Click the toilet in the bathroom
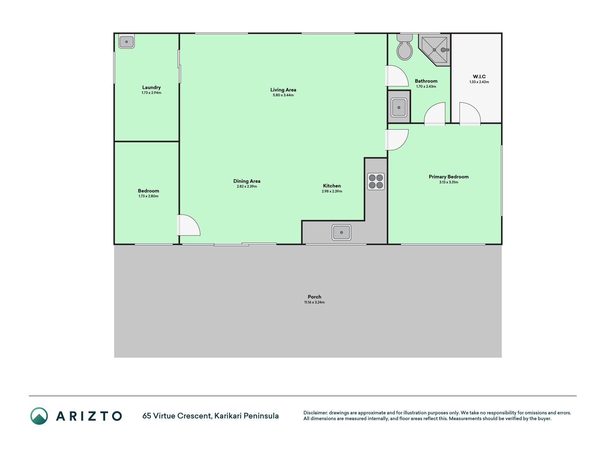tap(405, 47)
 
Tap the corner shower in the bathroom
tap(434, 50)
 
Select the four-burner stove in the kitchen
tap(376, 181)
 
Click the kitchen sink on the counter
tap(341, 232)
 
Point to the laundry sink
tap(126, 42)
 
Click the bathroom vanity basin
tap(399, 107)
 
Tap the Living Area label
tap(283, 90)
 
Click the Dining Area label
tap(247, 181)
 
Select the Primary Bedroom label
tap(448, 177)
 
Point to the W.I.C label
tap(479, 76)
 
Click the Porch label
tap(314, 297)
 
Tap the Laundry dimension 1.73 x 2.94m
tap(151, 93)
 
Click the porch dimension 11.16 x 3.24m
tap(314, 303)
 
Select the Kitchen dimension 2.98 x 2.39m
tap(332, 191)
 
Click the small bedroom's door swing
tap(189, 225)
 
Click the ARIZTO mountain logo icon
tap(39, 416)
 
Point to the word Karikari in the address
tap(228, 416)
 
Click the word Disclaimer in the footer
tap(315, 413)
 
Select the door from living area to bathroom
tap(397, 76)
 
